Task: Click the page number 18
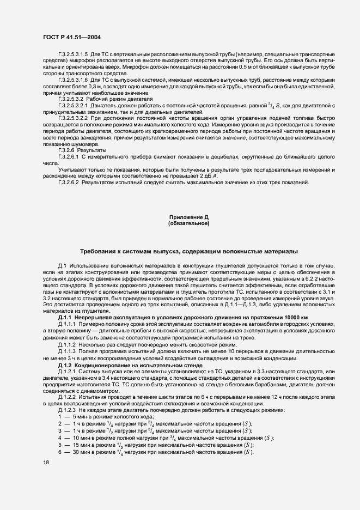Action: [x=46, y=462]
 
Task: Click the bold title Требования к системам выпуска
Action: [x=188, y=252]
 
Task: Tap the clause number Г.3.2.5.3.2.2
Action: [x=78, y=117]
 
